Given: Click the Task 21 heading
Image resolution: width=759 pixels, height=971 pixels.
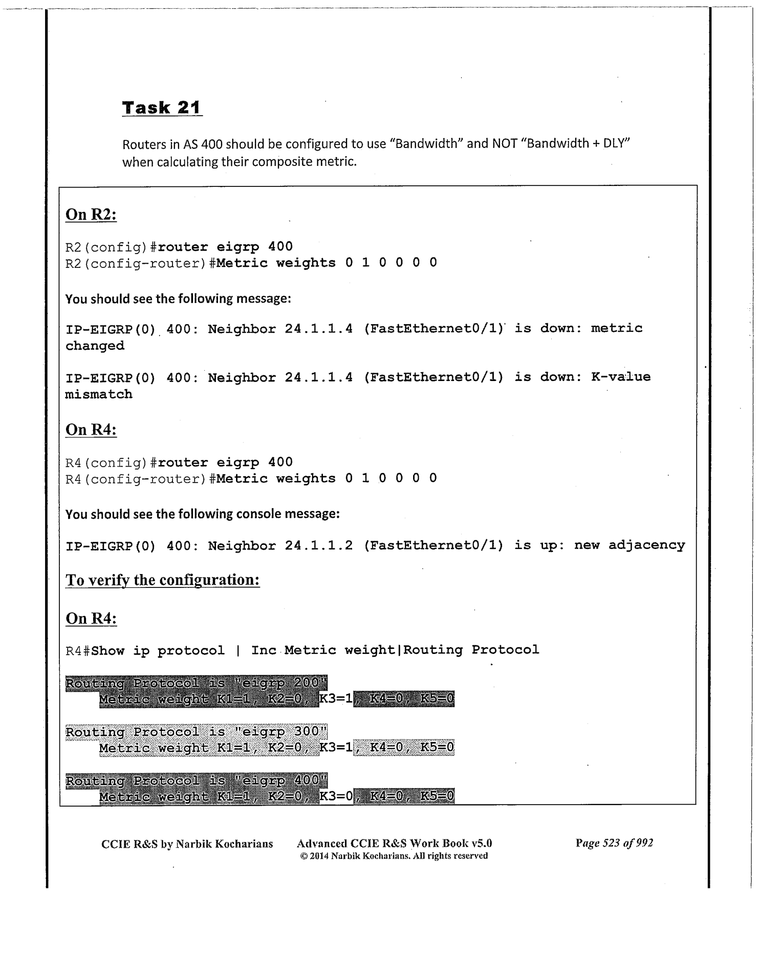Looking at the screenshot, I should (x=162, y=108).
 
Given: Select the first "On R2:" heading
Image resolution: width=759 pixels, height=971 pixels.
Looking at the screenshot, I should (x=91, y=215).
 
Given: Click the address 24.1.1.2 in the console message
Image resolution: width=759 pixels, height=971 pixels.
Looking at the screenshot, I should (x=318, y=545).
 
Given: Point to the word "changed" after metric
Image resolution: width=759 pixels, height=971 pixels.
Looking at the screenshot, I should (x=95, y=346).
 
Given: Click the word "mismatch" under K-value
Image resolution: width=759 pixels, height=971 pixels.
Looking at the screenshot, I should (x=99, y=394).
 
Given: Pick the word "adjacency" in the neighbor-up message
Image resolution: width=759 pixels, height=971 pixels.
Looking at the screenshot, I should (x=646, y=545).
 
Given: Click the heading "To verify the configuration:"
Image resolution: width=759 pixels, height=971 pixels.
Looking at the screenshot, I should (x=163, y=580).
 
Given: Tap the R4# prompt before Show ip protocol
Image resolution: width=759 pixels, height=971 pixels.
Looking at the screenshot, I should (x=78, y=651).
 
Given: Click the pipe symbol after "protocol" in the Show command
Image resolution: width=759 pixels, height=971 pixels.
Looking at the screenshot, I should (x=238, y=651).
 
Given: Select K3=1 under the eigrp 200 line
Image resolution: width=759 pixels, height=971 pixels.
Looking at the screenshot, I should (x=336, y=699).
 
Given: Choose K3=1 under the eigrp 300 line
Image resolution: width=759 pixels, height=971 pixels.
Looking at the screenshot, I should (x=336, y=748).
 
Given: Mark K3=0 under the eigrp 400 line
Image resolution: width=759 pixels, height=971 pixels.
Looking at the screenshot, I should (x=336, y=796).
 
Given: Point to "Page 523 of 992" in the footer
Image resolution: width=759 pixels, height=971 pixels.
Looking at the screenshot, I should (x=614, y=843).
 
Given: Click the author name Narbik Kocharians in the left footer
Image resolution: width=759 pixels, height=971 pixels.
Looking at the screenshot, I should (x=224, y=844).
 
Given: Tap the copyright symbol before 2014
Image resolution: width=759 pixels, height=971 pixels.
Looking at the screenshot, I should (x=303, y=856).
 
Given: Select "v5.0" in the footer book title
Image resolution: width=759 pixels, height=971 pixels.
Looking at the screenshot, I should (x=482, y=843).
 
